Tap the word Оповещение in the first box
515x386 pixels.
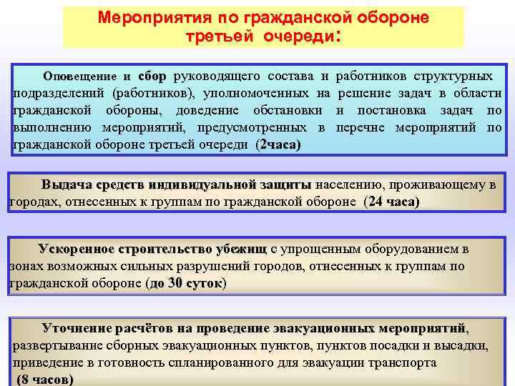click(x=82, y=76)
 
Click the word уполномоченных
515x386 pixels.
click(x=254, y=94)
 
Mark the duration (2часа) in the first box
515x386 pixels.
click(x=278, y=145)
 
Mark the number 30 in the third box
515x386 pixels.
click(x=175, y=283)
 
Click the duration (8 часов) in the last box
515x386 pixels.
click(x=44, y=380)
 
